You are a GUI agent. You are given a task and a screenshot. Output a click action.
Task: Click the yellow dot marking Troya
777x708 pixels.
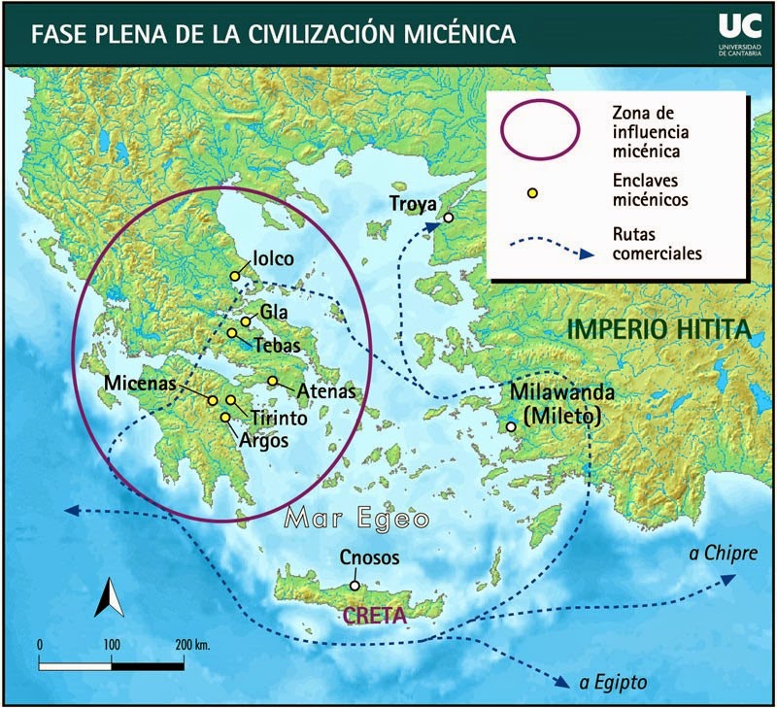pyautogui.click(x=449, y=218)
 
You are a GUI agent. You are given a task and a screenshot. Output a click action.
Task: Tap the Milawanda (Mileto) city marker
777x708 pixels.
pyautogui.click(x=510, y=425)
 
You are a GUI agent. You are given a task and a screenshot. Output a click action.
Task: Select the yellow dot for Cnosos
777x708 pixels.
pyautogui.click(x=355, y=586)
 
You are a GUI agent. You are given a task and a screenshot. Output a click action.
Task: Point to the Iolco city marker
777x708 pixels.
pyautogui.click(x=235, y=276)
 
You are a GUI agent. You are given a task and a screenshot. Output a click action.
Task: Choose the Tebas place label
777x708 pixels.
pyautogui.click(x=278, y=344)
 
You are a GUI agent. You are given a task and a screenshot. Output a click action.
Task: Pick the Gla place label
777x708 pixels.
pyautogui.click(x=272, y=313)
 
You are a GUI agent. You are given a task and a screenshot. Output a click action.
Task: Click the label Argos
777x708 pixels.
pyautogui.click(x=264, y=438)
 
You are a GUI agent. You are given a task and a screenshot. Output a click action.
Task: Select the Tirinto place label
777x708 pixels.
pyautogui.click(x=279, y=418)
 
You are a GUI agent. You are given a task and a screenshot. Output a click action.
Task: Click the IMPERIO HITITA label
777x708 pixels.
pyautogui.click(x=659, y=329)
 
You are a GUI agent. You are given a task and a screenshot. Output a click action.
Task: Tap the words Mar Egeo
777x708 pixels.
pyautogui.click(x=358, y=520)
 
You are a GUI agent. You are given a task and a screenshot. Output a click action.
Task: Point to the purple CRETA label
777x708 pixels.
pyautogui.click(x=373, y=615)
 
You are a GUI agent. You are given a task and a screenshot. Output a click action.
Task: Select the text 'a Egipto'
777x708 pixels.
pyautogui.click(x=613, y=681)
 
